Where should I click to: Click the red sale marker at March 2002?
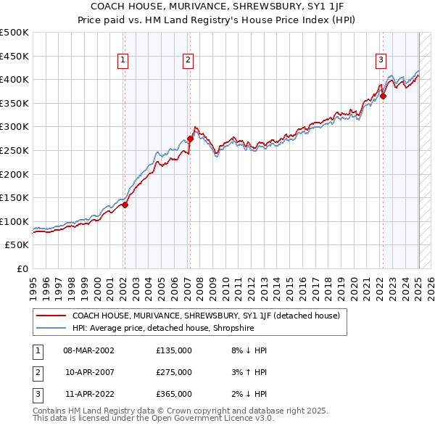(x=125, y=205)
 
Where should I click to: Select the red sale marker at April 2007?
(x=190, y=139)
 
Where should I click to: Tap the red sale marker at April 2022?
(x=384, y=96)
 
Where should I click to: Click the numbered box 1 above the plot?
(x=123, y=61)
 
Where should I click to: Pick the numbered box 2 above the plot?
(x=188, y=61)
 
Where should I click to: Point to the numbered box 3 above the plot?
(x=381, y=61)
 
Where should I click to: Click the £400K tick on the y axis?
(x=14, y=79)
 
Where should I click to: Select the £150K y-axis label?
(x=14, y=197)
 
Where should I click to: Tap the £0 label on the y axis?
(x=22, y=268)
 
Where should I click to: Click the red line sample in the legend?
(x=51, y=316)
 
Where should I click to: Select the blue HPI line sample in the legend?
(x=51, y=328)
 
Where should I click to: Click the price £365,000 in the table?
(x=174, y=394)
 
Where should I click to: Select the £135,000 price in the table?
(x=174, y=350)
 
